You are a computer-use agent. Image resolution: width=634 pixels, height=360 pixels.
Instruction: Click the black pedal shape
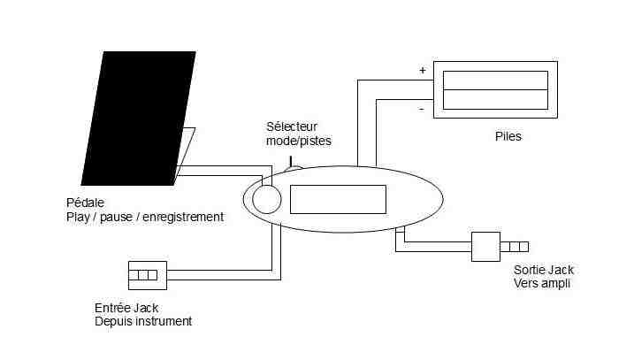point(139,119)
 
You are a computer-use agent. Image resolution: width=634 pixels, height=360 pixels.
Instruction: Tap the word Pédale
point(85,203)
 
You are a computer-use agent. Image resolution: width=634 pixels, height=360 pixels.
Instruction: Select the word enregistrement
point(183,218)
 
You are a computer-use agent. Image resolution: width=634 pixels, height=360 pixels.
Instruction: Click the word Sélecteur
point(292,126)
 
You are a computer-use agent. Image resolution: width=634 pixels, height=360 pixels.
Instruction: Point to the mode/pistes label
point(299,141)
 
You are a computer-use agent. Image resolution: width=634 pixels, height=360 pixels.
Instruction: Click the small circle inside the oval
point(267,199)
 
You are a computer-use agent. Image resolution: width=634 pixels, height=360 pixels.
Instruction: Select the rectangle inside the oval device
point(338,199)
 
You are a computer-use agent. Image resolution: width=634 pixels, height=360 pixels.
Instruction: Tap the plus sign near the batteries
point(423,71)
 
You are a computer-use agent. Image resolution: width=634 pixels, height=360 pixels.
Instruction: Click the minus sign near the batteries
point(421,109)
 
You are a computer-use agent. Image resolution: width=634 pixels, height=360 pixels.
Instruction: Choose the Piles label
point(508,136)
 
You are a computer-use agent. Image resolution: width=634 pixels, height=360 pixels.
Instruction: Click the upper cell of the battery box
point(495,80)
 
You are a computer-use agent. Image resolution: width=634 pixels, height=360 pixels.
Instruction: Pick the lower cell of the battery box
point(495,99)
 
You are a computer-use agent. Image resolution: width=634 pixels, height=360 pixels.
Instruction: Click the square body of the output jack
point(485,247)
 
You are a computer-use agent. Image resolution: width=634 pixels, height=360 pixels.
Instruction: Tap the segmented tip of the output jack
point(515,247)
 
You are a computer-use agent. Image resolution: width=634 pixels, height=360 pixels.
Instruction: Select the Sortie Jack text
point(544,270)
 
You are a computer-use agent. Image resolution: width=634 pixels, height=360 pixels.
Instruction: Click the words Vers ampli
point(542,283)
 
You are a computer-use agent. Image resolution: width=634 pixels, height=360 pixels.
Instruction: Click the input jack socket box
point(148,275)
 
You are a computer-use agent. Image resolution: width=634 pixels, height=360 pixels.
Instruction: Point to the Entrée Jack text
point(126,308)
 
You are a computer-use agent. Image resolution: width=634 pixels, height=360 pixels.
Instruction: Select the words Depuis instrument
point(143,321)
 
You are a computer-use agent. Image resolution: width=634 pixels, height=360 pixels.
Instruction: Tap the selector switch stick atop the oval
point(291,162)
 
